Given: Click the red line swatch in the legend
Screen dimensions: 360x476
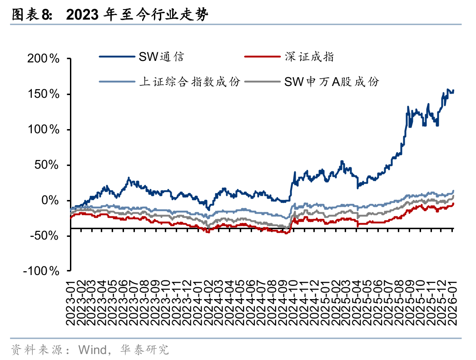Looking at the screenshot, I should click(262, 57).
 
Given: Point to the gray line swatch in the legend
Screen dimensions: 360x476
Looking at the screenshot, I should click(262, 82).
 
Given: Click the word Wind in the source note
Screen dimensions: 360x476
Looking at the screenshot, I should click(92, 350).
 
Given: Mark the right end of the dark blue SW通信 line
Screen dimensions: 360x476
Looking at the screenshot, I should click(453, 90).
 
